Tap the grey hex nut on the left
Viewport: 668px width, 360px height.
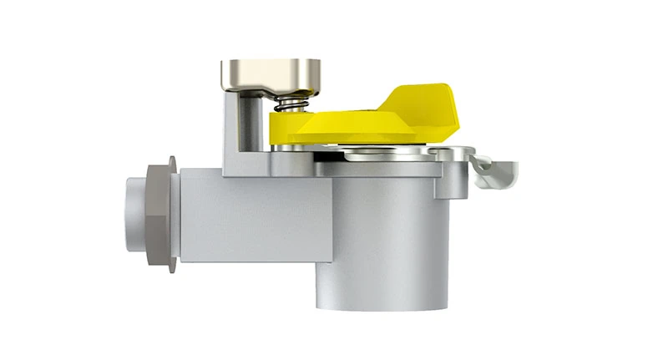tap(156, 213)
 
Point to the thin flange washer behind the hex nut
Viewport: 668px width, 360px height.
tap(173, 213)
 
